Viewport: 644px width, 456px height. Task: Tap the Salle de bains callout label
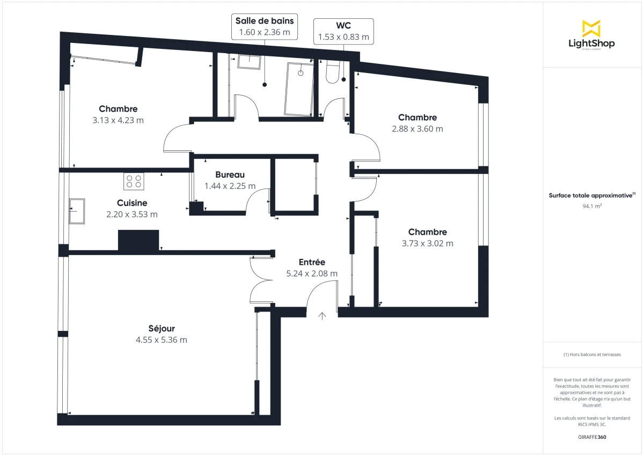(265, 26)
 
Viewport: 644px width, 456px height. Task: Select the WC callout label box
(343, 31)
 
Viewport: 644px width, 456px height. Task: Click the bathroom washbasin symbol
(249, 61)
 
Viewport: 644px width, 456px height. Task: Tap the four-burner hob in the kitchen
(134, 182)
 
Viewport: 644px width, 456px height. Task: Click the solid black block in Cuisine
(138, 240)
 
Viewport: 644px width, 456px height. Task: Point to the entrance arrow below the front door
(322, 316)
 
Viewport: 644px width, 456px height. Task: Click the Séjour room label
(162, 329)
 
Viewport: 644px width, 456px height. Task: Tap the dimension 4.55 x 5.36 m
(162, 340)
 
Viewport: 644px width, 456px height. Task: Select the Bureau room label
(230, 175)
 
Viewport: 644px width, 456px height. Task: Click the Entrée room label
(312, 262)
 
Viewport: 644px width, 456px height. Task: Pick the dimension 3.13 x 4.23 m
(118, 120)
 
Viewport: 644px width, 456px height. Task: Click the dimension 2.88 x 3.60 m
(417, 129)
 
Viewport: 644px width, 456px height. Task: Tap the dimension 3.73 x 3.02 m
(427, 243)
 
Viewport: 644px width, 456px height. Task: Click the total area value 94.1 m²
(591, 206)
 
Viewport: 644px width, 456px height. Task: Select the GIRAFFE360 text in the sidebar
(591, 437)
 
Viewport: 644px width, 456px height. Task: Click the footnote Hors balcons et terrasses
(591, 354)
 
